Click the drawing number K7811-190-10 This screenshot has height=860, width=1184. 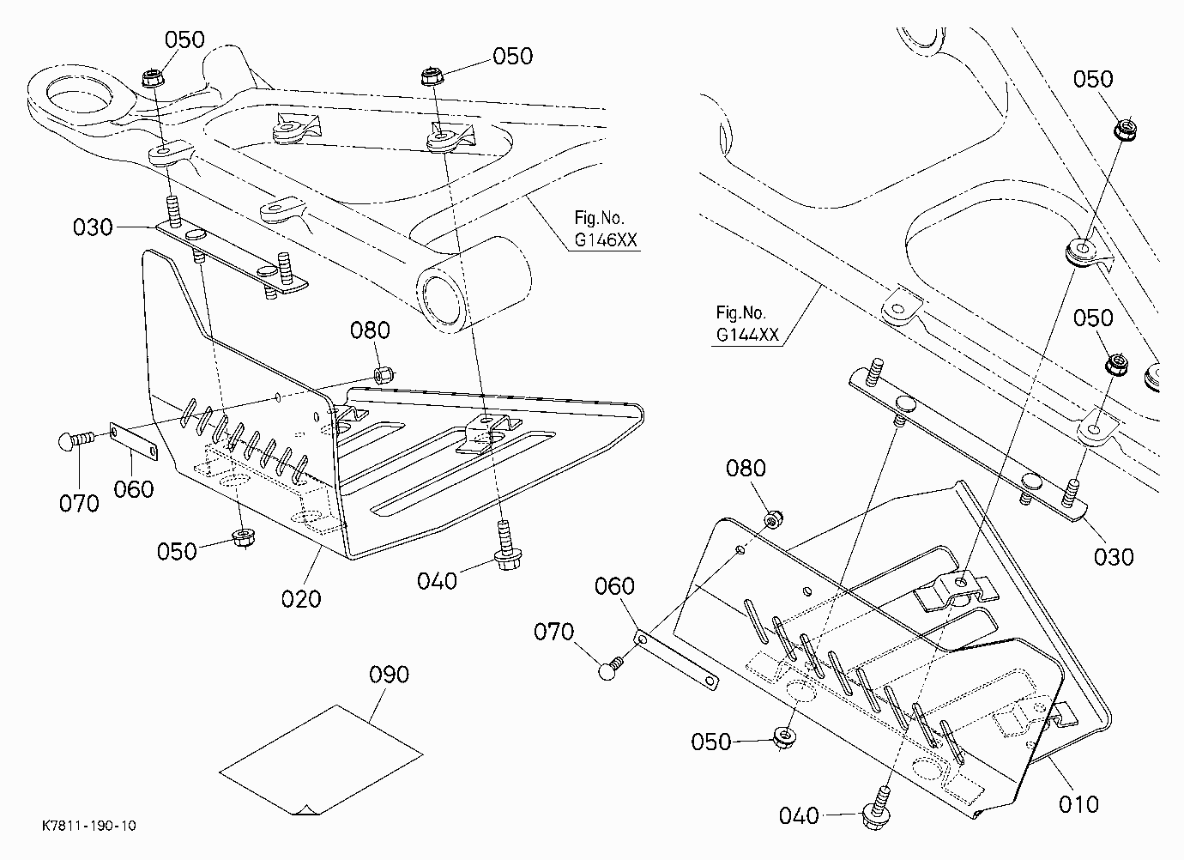click(89, 826)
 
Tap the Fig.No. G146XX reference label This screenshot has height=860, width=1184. click(606, 228)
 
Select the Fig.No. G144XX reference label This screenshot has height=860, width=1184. click(747, 324)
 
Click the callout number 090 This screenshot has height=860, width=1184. click(389, 675)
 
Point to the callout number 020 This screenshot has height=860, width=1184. click(301, 599)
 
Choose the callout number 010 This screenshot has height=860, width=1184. click(1078, 804)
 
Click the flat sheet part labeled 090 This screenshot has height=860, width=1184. click(321, 760)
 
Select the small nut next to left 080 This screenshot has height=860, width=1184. click(384, 374)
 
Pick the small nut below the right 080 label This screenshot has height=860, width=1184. click(774, 519)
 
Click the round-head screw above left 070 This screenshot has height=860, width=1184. click(76, 439)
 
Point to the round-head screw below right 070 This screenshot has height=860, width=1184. click(612, 669)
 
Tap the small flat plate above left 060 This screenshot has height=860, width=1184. click(134, 441)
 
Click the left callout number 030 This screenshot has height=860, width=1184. click(93, 227)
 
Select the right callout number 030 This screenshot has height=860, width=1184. click(1114, 557)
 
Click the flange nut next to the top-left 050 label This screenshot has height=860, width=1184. click(154, 78)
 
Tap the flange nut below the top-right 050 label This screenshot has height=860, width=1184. click(1125, 129)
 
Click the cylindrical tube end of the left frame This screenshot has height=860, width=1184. click(473, 286)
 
